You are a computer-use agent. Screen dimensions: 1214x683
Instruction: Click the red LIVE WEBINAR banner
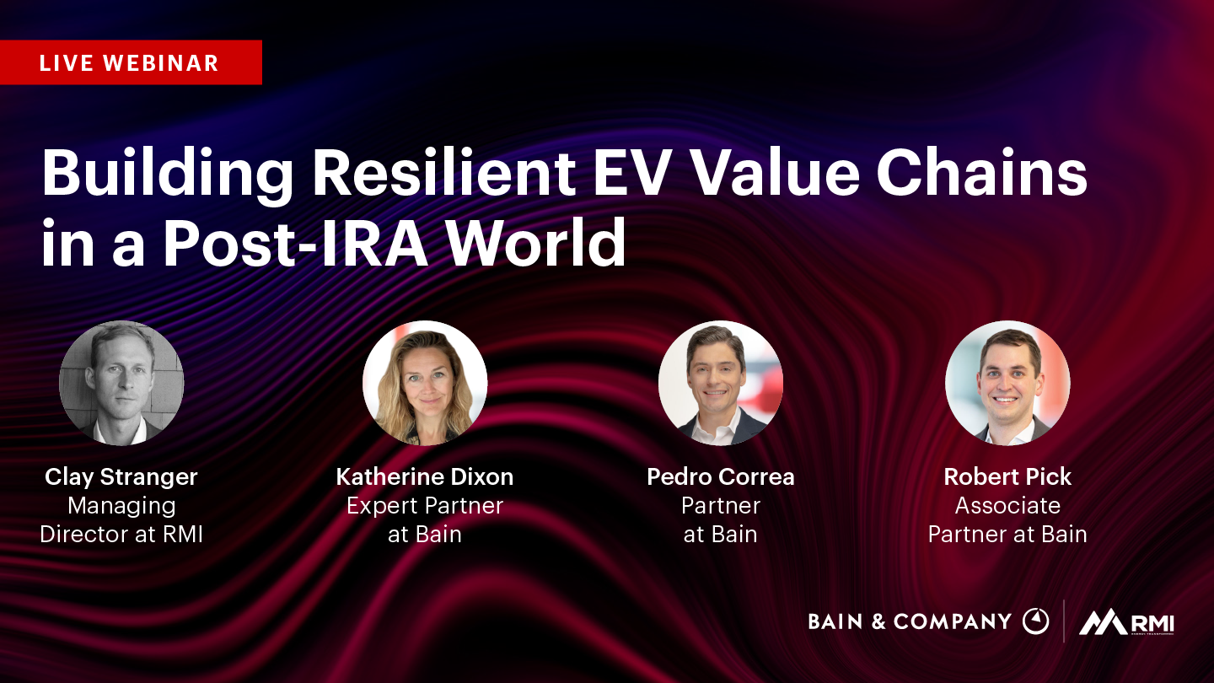tap(131, 62)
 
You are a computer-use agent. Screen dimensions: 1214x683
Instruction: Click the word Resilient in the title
tap(443, 173)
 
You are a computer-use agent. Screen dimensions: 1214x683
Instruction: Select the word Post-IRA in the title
tap(297, 242)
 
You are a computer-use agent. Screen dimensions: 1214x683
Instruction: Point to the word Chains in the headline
tap(981, 173)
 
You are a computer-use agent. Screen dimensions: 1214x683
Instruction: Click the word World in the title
tap(536, 242)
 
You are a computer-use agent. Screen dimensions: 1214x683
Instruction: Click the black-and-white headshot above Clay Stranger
tap(121, 383)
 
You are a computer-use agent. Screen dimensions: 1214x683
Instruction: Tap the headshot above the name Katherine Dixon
tap(425, 383)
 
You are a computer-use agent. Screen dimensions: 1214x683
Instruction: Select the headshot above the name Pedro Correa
tap(721, 383)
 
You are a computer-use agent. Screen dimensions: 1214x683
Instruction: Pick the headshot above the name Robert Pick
tap(1007, 383)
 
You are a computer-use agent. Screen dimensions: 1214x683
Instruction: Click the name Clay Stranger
tap(121, 477)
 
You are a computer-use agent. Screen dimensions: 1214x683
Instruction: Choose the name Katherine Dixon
tap(425, 477)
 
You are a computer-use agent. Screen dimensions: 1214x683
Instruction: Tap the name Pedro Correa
tap(721, 477)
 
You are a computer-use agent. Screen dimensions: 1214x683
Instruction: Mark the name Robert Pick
tap(1007, 477)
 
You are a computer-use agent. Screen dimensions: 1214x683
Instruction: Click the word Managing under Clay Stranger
tap(122, 507)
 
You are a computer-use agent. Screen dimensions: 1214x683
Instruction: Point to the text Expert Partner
tap(425, 506)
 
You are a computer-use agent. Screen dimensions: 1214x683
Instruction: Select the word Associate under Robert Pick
tap(1007, 505)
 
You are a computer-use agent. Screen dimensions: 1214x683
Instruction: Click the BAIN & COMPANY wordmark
tap(910, 621)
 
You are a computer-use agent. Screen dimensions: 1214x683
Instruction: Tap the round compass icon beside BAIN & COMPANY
tap(1035, 621)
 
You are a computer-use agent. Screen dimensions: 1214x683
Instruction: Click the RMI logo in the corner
tap(1126, 622)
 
